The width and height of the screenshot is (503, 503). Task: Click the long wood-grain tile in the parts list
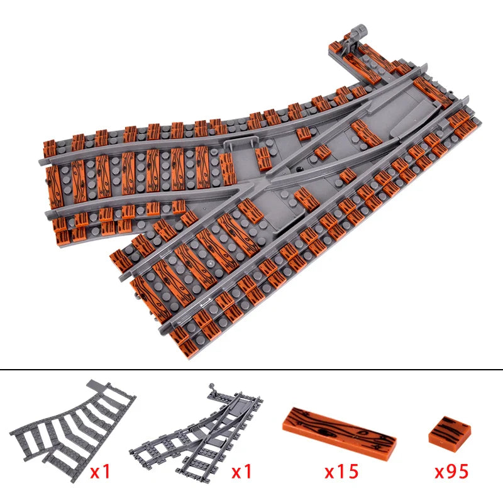pyautogui.click(x=340, y=432)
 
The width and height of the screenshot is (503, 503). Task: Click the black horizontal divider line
pyautogui.click(x=251, y=370)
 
